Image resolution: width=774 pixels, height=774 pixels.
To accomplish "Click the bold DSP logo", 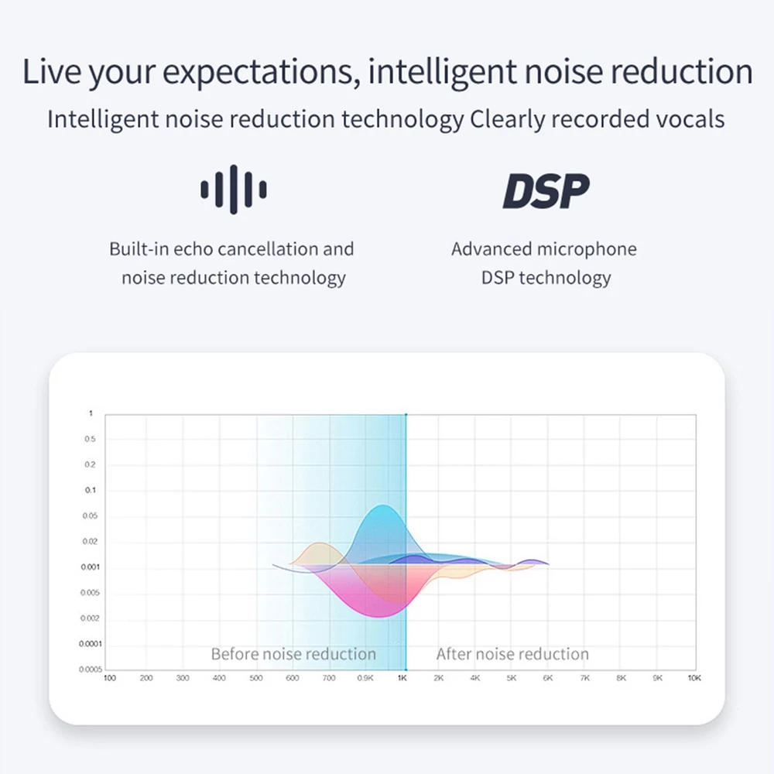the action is pyautogui.click(x=546, y=190).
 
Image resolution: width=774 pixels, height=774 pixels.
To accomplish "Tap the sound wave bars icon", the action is pyautogui.click(x=234, y=190).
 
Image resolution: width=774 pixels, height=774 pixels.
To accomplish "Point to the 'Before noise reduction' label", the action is pyautogui.click(x=293, y=654).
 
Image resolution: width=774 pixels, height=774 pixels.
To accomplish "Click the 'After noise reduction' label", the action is pyautogui.click(x=512, y=654).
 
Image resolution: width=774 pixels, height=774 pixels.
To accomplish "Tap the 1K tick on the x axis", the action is pyautogui.click(x=402, y=678).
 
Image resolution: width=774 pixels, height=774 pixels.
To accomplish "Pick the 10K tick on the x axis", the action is pyautogui.click(x=694, y=678).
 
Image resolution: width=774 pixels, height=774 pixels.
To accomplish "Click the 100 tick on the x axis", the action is pyautogui.click(x=110, y=678).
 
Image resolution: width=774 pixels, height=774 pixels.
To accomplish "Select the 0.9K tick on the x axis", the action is pyautogui.click(x=365, y=678).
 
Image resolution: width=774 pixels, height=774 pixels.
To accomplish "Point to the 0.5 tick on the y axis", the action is pyautogui.click(x=90, y=439).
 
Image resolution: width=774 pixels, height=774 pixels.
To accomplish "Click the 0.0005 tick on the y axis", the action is pyautogui.click(x=91, y=670).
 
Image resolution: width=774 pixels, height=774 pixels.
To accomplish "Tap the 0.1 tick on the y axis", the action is pyautogui.click(x=91, y=490).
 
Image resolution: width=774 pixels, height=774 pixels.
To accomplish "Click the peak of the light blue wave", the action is pyautogui.click(x=382, y=505).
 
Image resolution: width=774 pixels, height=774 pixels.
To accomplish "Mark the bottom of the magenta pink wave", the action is pyautogui.click(x=380, y=617).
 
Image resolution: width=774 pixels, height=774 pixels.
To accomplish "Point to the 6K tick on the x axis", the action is pyautogui.click(x=548, y=678).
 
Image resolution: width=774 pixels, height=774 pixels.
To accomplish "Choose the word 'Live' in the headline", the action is pyautogui.click(x=51, y=71).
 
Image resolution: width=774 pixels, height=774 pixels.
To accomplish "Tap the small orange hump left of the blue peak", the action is pyautogui.click(x=320, y=543).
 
